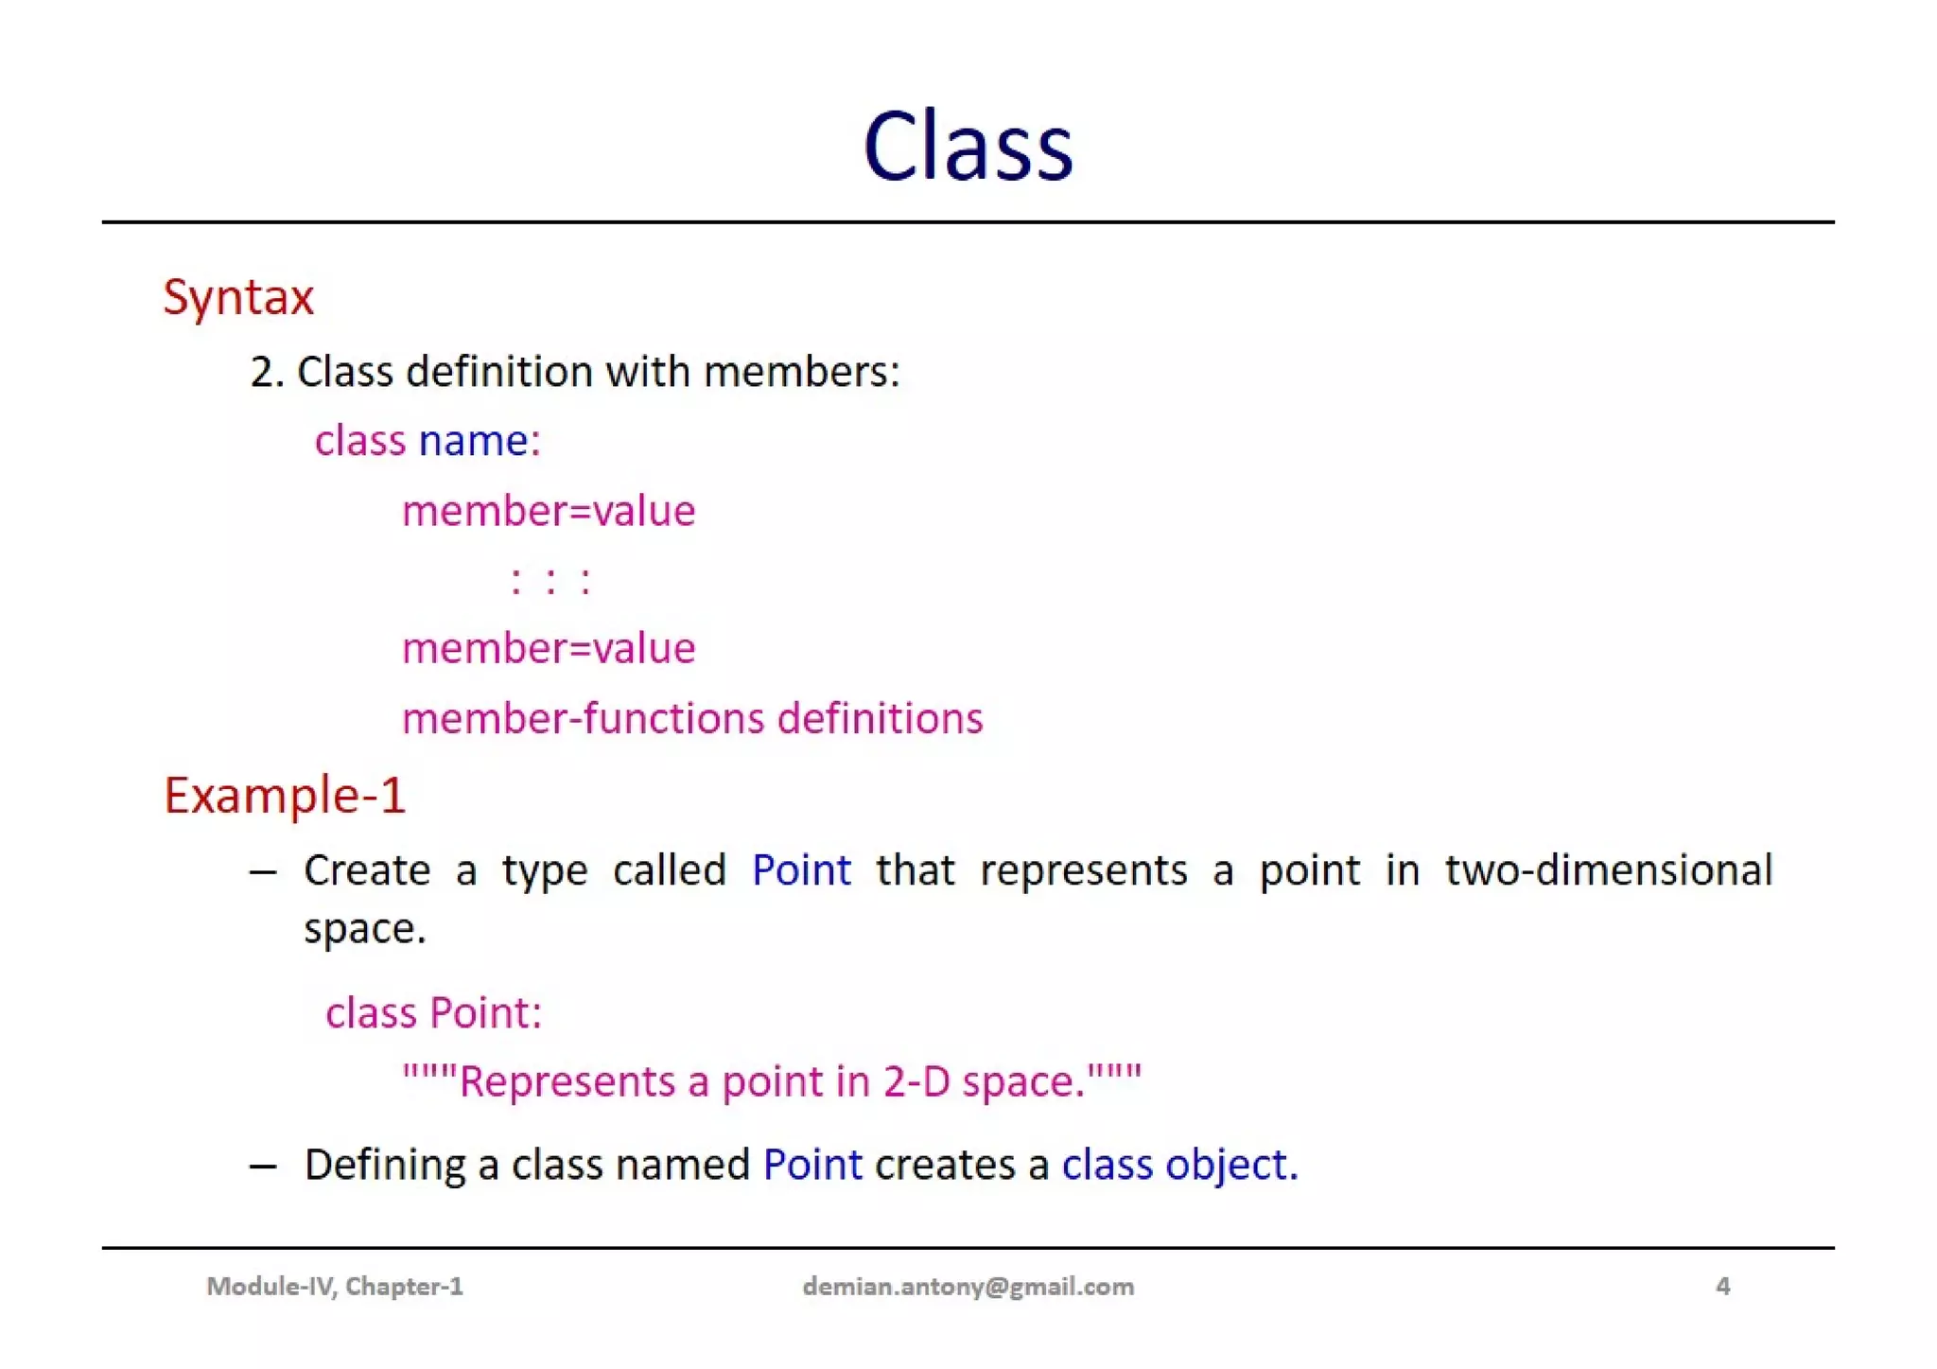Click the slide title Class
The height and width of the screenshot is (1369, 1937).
click(x=968, y=147)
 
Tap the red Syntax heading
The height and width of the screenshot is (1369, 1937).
click(x=238, y=298)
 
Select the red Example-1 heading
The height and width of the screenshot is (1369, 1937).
click(x=285, y=795)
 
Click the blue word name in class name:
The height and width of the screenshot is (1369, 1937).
click(x=473, y=441)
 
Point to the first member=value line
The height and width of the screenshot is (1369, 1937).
click(x=549, y=512)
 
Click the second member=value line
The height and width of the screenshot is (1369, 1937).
click(x=549, y=649)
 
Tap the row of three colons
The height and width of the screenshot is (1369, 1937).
click(x=550, y=580)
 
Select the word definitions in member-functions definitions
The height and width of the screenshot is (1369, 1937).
click(x=880, y=719)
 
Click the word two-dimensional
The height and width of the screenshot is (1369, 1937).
click(x=1608, y=870)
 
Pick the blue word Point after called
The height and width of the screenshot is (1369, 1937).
click(x=801, y=870)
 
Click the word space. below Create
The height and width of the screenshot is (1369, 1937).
click(x=365, y=929)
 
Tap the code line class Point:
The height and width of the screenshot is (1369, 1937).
click(x=434, y=1013)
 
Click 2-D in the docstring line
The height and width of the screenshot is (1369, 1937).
click(x=916, y=1081)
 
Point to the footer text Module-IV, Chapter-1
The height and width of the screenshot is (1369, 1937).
click(x=335, y=1287)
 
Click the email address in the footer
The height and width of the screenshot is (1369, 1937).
click(x=968, y=1287)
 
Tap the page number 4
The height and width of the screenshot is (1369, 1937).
click(x=1722, y=1287)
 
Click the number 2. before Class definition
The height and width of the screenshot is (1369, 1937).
click(x=266, y=372)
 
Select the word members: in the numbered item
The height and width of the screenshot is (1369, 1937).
click(x=801, y=372)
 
